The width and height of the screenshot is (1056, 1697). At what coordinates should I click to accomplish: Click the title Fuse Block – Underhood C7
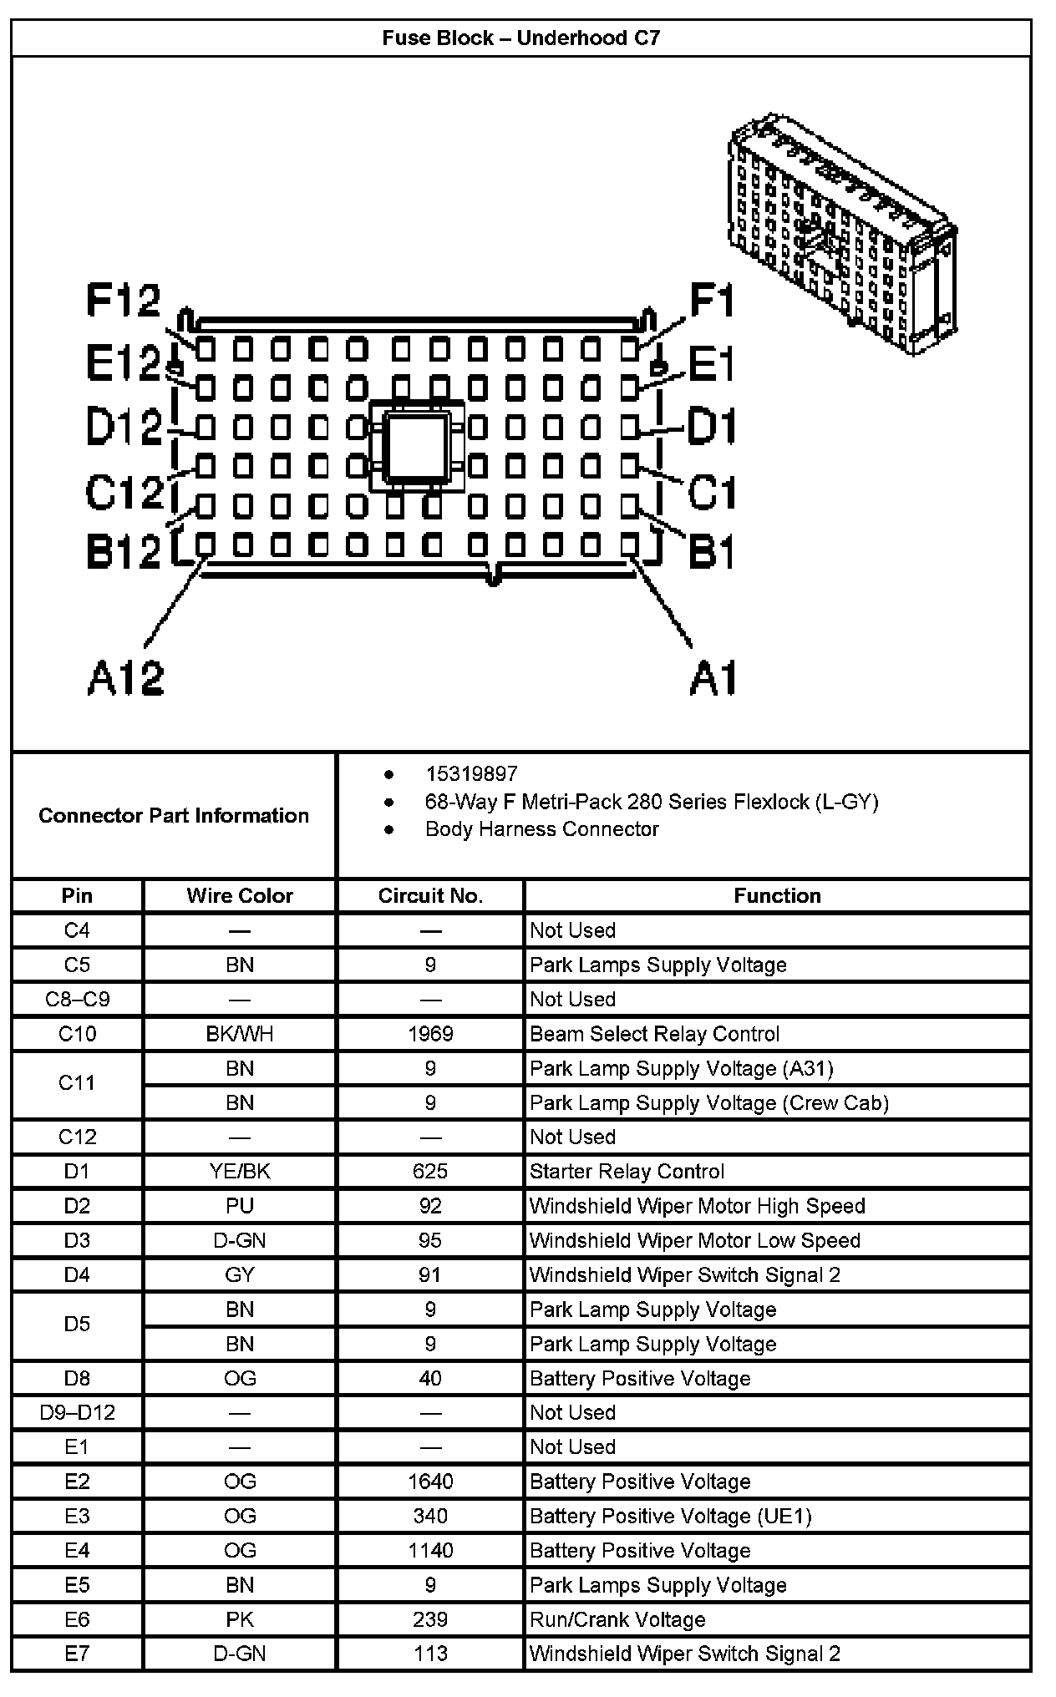tap(520, 38)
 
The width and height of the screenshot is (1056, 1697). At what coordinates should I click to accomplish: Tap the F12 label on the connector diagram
tap(124, 301)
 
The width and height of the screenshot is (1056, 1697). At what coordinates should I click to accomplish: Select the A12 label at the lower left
tap(126, 678)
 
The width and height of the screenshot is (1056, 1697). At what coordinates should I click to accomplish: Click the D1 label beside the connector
tap(711, 428)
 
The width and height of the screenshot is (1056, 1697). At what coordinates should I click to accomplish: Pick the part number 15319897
tap(471, 774)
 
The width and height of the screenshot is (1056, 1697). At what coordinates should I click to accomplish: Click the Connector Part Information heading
tap(174, 816)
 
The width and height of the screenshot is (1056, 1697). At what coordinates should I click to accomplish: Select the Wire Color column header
tap(240, 896)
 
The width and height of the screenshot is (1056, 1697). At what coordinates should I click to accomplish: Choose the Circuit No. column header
tap(430, 896)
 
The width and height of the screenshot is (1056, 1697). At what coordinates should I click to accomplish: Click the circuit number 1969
tap(430, 1034)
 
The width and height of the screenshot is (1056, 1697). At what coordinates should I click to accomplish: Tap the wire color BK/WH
tap(240, 1034)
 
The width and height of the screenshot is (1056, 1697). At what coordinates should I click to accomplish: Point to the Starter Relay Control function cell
tap(627, 1172)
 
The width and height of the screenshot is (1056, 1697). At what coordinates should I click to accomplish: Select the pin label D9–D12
tap(77, 1413)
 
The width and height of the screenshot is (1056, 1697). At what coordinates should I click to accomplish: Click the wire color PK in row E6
tap(240, 1620)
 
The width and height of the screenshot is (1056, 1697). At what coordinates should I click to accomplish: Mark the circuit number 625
tap(430, 1172)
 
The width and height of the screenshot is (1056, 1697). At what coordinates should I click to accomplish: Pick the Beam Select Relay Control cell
tap(654, 1034)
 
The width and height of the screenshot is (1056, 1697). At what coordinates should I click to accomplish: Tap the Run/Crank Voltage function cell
tap(617, 1620)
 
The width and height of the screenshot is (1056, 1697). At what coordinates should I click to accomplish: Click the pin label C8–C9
tap(77, 1000)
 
